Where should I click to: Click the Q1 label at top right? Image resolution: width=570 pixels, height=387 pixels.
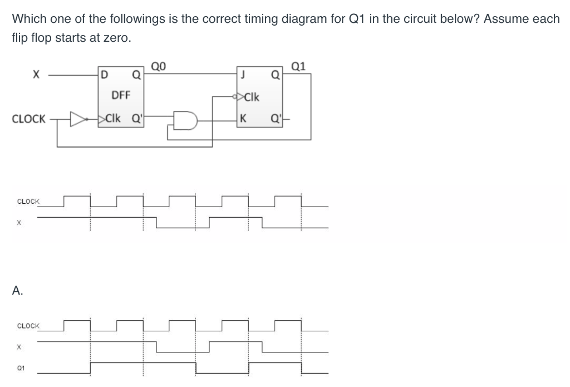[x=298, y=66]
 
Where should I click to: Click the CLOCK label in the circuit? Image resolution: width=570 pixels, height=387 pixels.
[x=28, y=119]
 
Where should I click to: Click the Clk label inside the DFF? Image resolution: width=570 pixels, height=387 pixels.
[x=114, y=118]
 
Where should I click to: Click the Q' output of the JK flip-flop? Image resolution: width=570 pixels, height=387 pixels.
[x=276, y=118]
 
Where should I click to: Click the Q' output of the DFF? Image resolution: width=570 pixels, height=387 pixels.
[x=136, y=118]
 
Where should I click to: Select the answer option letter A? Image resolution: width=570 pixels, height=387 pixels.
[x=18, y=290]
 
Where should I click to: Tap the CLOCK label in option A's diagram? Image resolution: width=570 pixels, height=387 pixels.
[x=28, y=326]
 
